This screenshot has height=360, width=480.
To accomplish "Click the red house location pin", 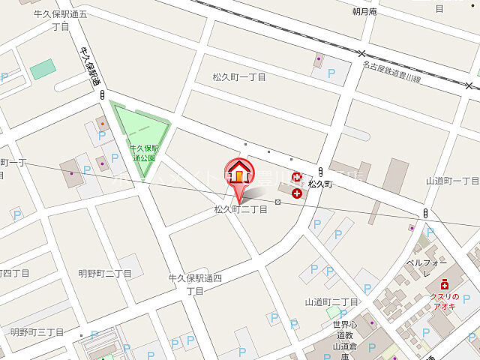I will pyautogui.click(x=239, y=176).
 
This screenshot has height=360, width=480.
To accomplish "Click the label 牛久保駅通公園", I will pyautogui.click(x=142, y=153).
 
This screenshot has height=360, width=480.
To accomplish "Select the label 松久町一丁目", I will pyautogui.click(x=238, y=76).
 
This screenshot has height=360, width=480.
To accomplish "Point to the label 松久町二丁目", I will pyautogui.click(x=241, y=209).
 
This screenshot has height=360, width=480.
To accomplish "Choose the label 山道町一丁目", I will pyautogui.click(x=452, y=181).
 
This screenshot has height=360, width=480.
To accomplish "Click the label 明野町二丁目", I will pyautogui.click(x=105, y=274).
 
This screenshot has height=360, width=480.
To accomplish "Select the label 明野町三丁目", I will pyautogui.click(x=36, y=331).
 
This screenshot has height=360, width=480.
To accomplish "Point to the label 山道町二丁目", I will pyautogui.click(x=331, y=301).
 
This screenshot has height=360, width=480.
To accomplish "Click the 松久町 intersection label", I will pyautogui.click(x=320, y=184).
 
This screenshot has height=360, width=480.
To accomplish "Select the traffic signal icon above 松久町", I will pyautogui.click(x=320, y=171).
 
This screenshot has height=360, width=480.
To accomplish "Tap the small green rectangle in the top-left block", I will pyautogui.click(x=43, y=69).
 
